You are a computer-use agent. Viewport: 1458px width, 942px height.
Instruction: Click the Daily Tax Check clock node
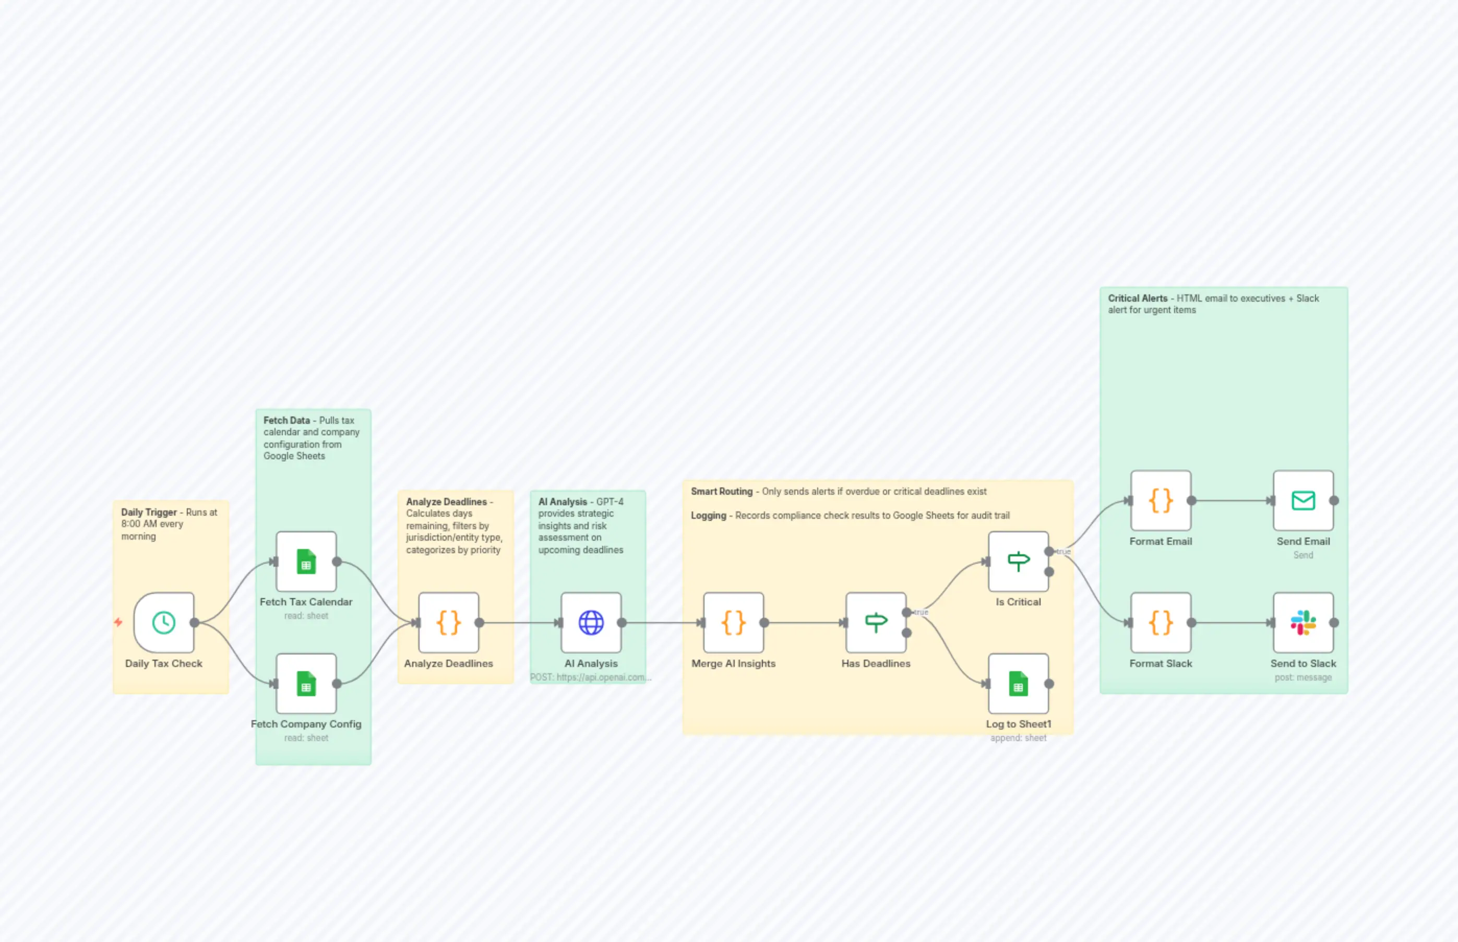tap(164, 622)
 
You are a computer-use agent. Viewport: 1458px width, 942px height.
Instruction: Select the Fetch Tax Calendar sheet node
tap(306, 561)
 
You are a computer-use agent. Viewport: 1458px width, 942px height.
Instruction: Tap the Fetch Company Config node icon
tap(306, 683)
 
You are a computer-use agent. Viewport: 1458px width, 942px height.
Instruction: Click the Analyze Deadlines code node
tap(448, 622)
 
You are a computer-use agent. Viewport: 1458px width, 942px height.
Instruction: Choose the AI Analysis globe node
tap(591, 622)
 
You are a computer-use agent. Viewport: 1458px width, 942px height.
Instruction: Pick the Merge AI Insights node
tap(733, 622)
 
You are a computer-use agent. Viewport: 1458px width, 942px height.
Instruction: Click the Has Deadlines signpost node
tap(876, 622)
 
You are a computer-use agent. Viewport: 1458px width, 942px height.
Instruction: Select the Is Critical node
tap(1018, 561)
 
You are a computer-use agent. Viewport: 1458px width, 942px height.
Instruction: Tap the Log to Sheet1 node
tap(1018, 683)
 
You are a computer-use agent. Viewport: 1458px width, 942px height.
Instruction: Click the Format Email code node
tap(1161, 500)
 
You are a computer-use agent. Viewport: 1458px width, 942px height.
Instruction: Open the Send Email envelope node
tap(1303, 500)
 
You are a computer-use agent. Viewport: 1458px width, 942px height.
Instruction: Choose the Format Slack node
tap(1161, 622)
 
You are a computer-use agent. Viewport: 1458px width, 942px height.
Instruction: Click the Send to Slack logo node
tap(1303, 622)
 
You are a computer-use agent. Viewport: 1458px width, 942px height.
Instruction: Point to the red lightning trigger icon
tap(118, 622)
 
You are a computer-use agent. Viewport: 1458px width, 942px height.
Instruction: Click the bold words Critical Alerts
tap(1138, 299)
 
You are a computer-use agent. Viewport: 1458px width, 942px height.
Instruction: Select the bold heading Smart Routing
tap(722, 491)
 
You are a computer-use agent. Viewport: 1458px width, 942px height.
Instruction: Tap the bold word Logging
tap(708, 516)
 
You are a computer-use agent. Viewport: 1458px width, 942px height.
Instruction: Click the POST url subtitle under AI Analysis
tap(591, 677)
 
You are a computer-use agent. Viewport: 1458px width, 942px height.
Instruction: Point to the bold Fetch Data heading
tap(286, 420)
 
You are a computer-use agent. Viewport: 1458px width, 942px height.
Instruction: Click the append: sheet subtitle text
tap(1018, 738)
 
